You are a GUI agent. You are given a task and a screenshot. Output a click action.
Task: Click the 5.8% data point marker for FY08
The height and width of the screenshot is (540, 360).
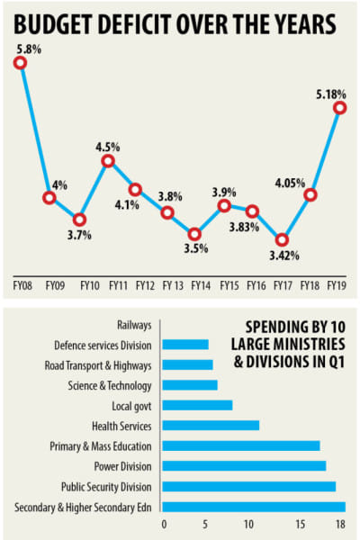click(20, 62)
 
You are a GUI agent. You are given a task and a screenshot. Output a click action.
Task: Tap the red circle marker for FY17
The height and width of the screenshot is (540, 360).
click(282, 240)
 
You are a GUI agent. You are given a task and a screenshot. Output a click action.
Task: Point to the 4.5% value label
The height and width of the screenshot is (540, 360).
click(107, 143)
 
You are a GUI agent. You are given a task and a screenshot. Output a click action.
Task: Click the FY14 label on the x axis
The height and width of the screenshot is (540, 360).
click(201, 285)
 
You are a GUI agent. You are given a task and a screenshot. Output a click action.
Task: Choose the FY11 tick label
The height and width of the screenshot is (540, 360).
click(117, 285)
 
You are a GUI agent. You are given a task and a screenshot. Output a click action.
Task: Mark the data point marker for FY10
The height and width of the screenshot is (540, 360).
click(79, 220)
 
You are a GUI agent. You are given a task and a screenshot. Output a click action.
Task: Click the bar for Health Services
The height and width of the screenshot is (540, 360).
click(211, 425)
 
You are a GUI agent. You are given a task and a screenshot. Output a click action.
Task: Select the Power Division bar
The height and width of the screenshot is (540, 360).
click(245, 466)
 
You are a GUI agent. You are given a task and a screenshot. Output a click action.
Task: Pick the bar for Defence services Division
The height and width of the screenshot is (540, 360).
click(186, 344)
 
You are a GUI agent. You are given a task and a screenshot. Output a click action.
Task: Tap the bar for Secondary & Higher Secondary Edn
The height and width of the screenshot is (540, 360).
click(255, 507)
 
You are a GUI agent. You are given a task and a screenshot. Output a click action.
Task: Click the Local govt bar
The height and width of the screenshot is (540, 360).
click(198, 405)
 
